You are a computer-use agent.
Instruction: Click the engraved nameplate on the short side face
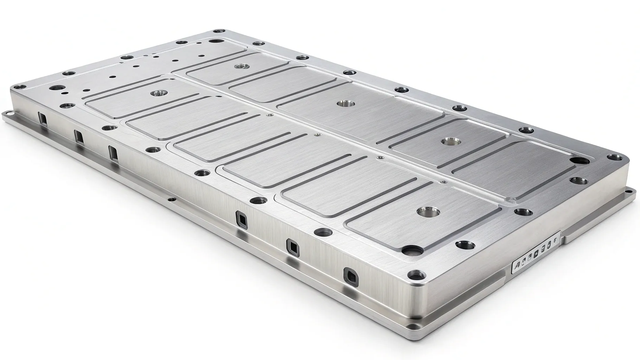pos(535,250)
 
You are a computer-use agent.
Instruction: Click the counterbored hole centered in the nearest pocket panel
pos(428,212)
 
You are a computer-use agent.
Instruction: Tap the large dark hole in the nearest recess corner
pos(411,250)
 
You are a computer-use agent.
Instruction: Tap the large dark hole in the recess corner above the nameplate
pos(580,161)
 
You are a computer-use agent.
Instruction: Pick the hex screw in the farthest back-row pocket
pos(241,66)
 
